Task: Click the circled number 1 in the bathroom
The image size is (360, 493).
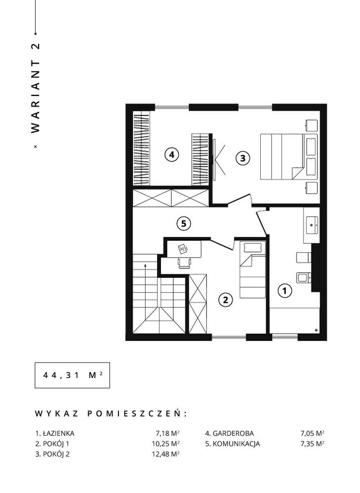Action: tap(284, 291)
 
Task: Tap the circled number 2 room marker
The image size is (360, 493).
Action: tap(225, 299)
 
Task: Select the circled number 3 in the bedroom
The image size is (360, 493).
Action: tap(242, 158)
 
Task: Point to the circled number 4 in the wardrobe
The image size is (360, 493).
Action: tap(171, 155)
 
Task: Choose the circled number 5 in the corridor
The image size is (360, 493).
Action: tap(183, 224)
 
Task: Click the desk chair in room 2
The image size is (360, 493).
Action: tap(184, 262)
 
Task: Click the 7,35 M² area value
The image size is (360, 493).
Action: tap(313, 444)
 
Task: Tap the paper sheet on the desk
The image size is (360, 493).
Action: tap(182, 248)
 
